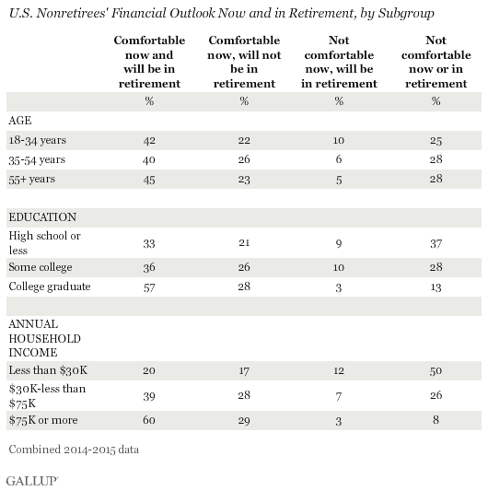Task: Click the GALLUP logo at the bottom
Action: (x=32, y=481)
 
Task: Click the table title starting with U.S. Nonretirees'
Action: (x=222, y=14)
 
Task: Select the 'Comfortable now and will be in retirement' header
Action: (x=149, y=62)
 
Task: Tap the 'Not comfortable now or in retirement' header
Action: (x=436, y=62)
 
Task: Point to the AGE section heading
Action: (x=20, y=121)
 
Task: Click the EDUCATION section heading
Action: (x=42, y=217)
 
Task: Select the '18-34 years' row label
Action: (x=37, y=140)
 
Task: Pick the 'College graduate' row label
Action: (x=50, y=286)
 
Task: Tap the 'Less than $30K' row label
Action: (x=48, y=370)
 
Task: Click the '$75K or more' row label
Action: (x=43, y=420)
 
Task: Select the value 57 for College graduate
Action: (x=149, y=287)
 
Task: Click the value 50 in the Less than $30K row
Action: (x=436, y=370)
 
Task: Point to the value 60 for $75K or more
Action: (x=149, y=420)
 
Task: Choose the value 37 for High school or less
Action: (x=436, y=243)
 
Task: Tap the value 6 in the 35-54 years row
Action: (x=339, y=159)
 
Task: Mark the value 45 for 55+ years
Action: (x=149, y=180)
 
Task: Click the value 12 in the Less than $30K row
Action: (x=339, y=370)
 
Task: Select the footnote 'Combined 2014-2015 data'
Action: (x=74, y=450)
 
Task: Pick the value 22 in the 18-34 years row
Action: (x=244, y=140)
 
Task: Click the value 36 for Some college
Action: (x=149, y=267)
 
